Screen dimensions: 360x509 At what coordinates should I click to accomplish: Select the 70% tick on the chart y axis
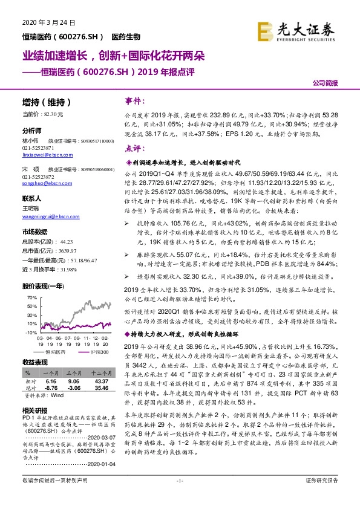[31, 298]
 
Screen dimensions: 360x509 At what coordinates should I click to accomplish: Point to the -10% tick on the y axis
[31, 333]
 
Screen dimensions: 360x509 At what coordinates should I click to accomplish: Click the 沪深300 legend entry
[84, 351]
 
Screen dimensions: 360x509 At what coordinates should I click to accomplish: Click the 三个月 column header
[74, 374]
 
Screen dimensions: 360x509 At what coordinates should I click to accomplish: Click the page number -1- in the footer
[179, 497]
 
